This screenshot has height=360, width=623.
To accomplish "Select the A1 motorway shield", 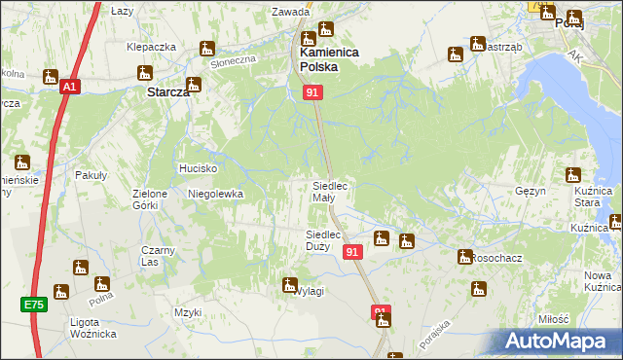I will tap(69, 88).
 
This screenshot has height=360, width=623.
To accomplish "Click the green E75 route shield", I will tap(34, 305).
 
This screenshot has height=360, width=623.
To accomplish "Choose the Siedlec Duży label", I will tap(322, 240).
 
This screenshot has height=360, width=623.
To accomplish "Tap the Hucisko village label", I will tap(197, 168).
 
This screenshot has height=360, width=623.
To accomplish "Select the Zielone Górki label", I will tap(151, 199).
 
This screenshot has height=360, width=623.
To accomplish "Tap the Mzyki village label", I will tap(187, 312).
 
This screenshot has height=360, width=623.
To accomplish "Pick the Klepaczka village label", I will tap(151, 47).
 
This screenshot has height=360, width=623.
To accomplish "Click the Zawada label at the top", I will tap(290, 13).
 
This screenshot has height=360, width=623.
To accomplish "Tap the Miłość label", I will tap(552, 319).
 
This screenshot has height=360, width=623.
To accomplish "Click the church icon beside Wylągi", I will tap(289, 284).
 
